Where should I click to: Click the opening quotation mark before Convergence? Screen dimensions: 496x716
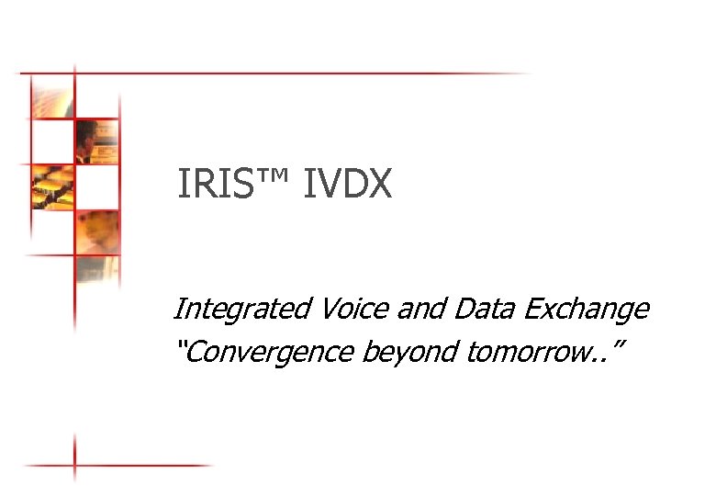click(x=179, y=344)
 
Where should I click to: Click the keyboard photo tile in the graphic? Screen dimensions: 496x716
click(x=52, y=186)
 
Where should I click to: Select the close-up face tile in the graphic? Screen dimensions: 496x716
click(x=97, y=231)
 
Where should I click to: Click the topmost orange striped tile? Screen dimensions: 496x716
click(x=52, y=96)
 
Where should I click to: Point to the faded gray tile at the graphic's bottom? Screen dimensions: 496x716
click(x=97, y=274)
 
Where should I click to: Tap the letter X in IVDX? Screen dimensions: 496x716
click(x=380, y=185)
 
